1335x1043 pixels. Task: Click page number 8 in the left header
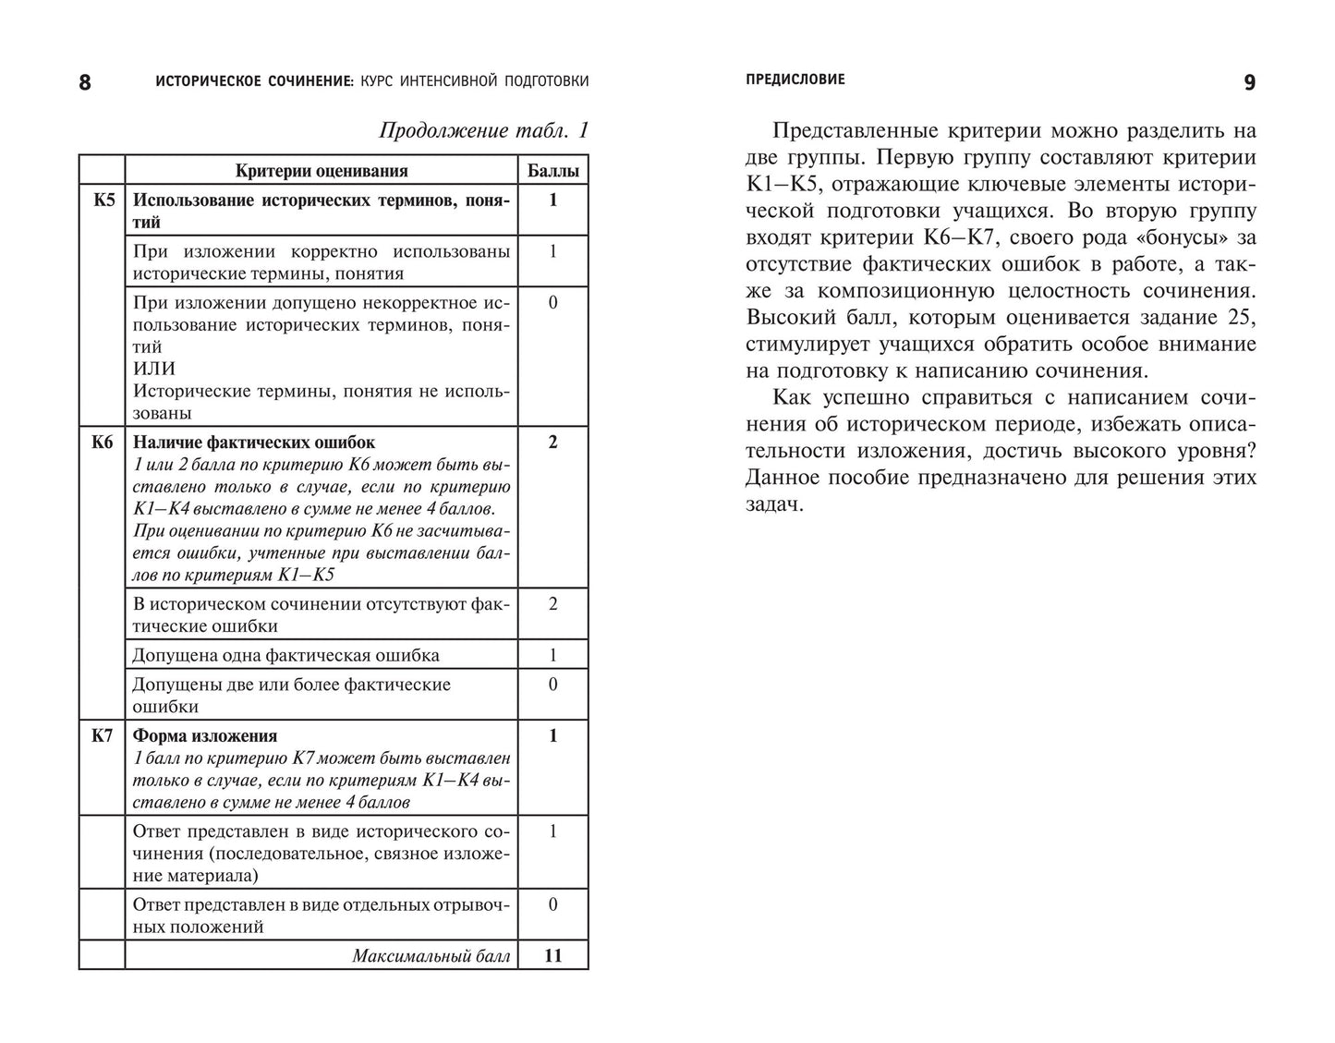coord(85,83)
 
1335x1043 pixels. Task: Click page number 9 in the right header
coord(1249,83)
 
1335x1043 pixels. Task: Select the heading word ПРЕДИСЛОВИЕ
coord(795,80)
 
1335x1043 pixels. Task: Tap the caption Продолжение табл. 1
coord(483,131)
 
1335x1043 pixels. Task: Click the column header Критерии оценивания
coord(321,171)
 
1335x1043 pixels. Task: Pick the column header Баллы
coord(552,171)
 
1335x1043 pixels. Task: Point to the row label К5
coord(103,200)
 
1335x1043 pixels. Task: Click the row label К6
coord(102,443)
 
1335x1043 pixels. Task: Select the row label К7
coord(102,736)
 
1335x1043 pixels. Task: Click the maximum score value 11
coord(552,956)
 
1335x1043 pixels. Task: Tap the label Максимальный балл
coord(431,956)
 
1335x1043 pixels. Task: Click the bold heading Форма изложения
coord(205,736)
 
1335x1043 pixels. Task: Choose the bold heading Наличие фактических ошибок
coord(254,443)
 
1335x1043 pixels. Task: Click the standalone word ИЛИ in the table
coord(154,369)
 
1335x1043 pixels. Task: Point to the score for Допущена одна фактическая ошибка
coord(552,655)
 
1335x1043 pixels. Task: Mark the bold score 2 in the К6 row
coord(552,443)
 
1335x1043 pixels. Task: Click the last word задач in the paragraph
coord(774,504)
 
